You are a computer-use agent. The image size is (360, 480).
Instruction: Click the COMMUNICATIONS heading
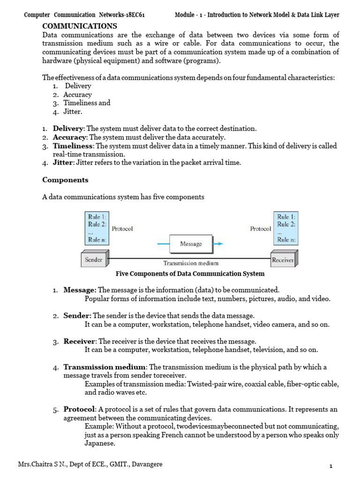click(x=80, y=26)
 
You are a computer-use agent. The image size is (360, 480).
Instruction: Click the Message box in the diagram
click(x=191, y=244)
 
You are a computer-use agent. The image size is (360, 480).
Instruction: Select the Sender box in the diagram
click(x=94, y=259)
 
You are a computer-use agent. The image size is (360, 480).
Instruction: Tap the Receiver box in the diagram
click(x=283, y=260)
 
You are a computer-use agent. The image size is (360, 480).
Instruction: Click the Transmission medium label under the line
click(x=190, y=263)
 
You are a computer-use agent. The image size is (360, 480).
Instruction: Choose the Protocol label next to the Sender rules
click(x=122, y=229)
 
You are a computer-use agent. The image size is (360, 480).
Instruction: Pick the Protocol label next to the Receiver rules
click(x=261, y=229)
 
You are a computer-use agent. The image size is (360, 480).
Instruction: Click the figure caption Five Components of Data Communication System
click(x=190, y=273)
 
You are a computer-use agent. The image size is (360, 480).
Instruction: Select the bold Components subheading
click(x=65, y=180)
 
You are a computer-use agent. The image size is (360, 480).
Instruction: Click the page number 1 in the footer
click(x=331, y=466)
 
